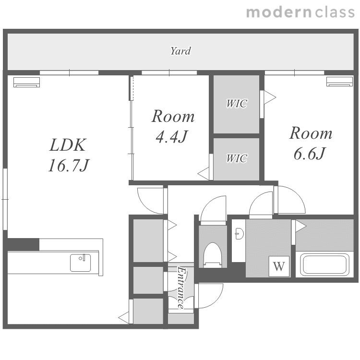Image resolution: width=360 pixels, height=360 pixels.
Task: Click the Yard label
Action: click(180, 51)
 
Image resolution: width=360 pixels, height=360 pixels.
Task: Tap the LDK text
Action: click(68, 145)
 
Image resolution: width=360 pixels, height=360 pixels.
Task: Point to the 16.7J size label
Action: click(69, 166)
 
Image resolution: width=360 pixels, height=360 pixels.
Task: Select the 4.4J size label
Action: click(171, 137)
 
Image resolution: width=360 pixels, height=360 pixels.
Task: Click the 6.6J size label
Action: click(310, 154)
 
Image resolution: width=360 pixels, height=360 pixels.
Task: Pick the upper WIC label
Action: click(237, 104)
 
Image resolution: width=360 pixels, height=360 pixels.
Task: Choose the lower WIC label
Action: click(237, 158)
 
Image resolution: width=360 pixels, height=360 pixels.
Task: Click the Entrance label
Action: click(181, 288)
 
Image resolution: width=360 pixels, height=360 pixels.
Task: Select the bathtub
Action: click(324, 264)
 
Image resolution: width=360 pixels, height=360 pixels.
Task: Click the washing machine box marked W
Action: click(279, 266)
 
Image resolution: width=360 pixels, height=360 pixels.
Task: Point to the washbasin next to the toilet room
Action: click(239, 234)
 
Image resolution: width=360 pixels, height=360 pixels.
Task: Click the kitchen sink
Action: click(80, 263)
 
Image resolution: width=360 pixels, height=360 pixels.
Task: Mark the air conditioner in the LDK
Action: click(26, 83)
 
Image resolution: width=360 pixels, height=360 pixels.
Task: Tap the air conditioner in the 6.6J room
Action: click(339, 82)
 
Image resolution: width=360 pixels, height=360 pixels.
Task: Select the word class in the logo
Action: click(335, 12)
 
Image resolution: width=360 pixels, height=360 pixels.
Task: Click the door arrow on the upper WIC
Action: click(270, 97)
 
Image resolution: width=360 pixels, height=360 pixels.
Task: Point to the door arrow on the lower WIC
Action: click(204, 174)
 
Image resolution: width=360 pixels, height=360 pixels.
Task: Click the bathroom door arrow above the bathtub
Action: click(301, 226)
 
